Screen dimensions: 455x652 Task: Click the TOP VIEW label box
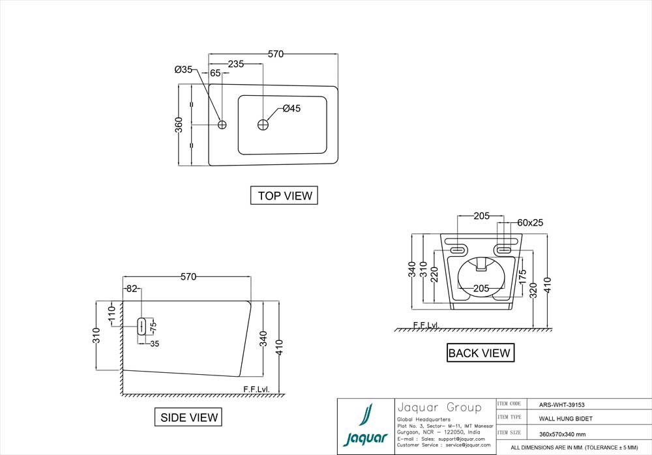click(x=284, y=196)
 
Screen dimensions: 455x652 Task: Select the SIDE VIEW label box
click(x=188, y=417)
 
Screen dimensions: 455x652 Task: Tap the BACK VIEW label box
click(x=480, y=353)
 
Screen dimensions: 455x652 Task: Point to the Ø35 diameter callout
click(x=183, y=70)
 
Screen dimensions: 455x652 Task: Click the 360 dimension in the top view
click(x=179, y=125)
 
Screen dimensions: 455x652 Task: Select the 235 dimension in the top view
click(x=235, y=64)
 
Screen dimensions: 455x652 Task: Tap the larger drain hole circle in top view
click(x=263, y=124)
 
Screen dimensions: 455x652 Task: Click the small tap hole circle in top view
click(x=222, y=124)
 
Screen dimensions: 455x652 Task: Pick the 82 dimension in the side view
click(x=132, y=288)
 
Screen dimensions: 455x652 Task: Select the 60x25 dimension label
click(x=530, y=222)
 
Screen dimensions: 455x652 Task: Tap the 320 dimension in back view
click(x=535, y=291)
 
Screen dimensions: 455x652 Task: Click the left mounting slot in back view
click(x=458, y=249)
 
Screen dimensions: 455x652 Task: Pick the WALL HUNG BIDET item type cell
click(x=565, y=418)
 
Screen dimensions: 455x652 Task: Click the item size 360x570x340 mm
click(x=562, y=433)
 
